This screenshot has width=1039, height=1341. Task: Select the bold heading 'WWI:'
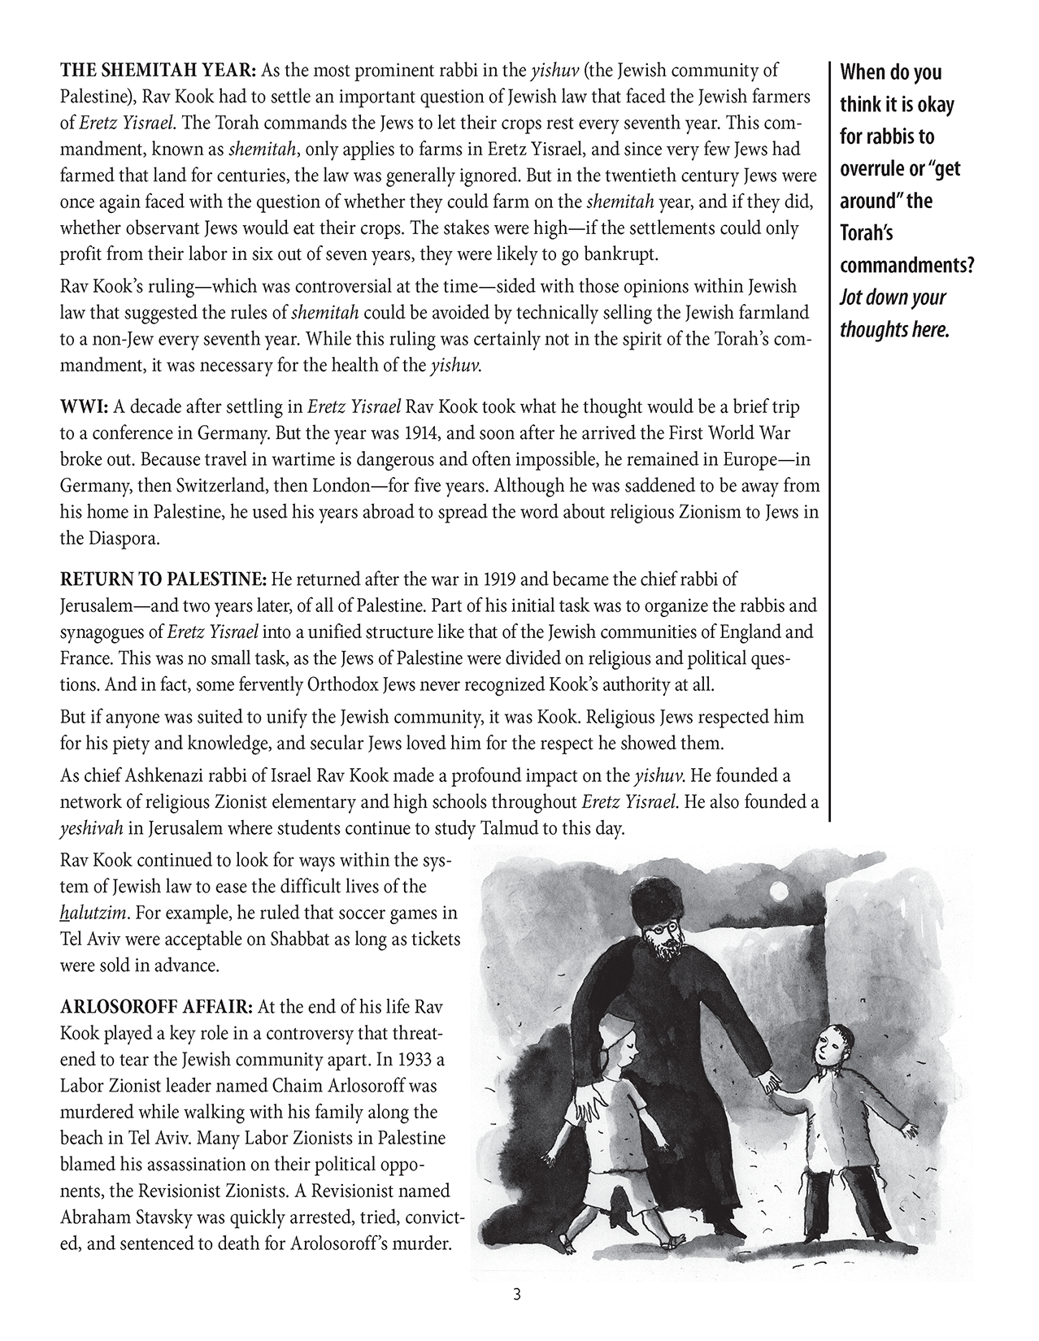pyautogui.click(x=82, y=406)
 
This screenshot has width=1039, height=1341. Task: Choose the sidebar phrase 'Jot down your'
pyautogui.click(x=893, y=297)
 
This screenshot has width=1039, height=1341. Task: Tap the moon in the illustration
pyautogui.click(x=781, y=891)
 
